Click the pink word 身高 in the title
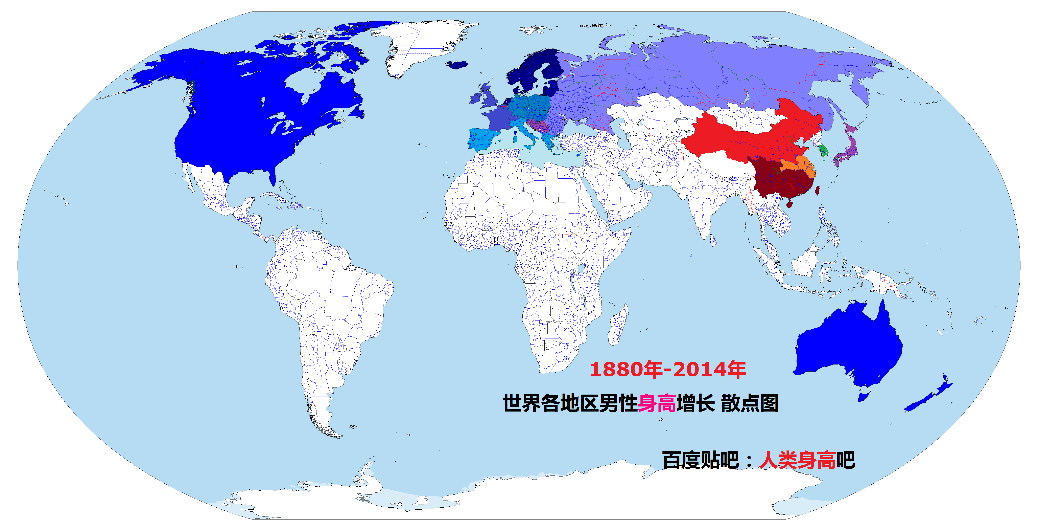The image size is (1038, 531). (657, 403)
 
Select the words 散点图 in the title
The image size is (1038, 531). (750, 403)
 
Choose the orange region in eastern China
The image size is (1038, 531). (800, 165)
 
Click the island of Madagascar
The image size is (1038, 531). (618, 325)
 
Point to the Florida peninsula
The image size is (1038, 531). (273, 177)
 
